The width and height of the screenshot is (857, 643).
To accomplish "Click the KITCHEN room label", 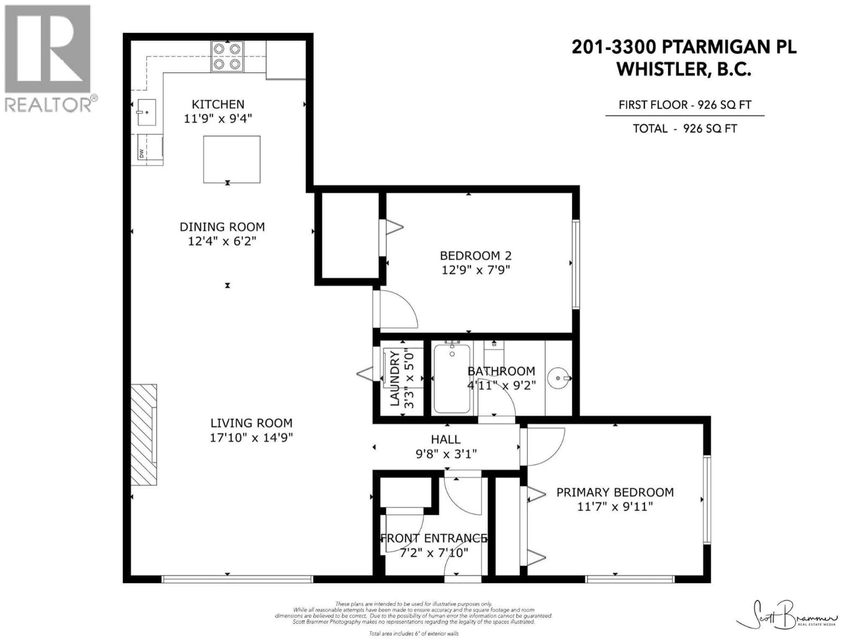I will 218,104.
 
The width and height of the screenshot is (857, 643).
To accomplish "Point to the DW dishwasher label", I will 141,153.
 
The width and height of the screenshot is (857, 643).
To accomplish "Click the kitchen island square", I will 232,159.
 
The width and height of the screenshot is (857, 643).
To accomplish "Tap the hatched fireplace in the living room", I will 144,434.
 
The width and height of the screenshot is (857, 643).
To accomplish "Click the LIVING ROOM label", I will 251,423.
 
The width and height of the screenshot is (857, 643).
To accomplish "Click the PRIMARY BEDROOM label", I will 615,492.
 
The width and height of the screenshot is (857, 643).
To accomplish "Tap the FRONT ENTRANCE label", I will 434,538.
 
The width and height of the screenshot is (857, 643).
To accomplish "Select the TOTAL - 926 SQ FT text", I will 684,129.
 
